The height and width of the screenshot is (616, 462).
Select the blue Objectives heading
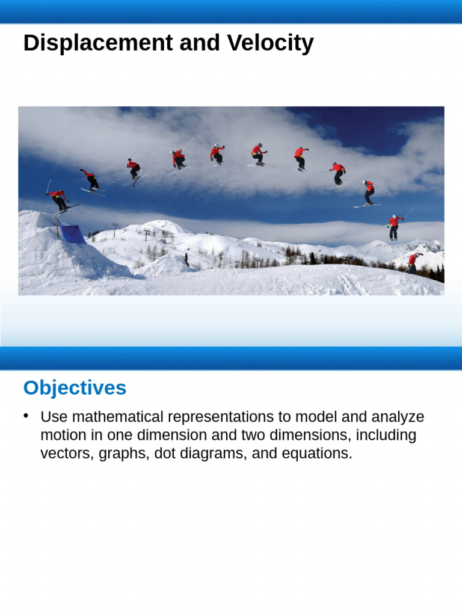(x=75, y=388)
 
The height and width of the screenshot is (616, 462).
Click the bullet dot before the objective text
(x=26, y=416)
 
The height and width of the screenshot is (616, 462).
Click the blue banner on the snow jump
(x=72, y=233)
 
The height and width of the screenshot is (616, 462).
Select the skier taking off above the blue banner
(x=58, y=200)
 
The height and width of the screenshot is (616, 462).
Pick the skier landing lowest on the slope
(x=413, y=262)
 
